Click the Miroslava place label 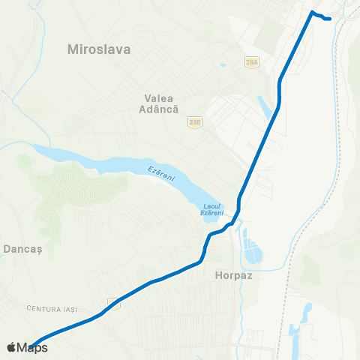click(99, 50)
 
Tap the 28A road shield click(251, 61)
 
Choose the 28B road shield click(195, 121)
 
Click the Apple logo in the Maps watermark click(11, 348)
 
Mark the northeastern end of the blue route click(329, 19)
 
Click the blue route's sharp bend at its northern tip click(312, 12)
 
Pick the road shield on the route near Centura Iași click(112, 301)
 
